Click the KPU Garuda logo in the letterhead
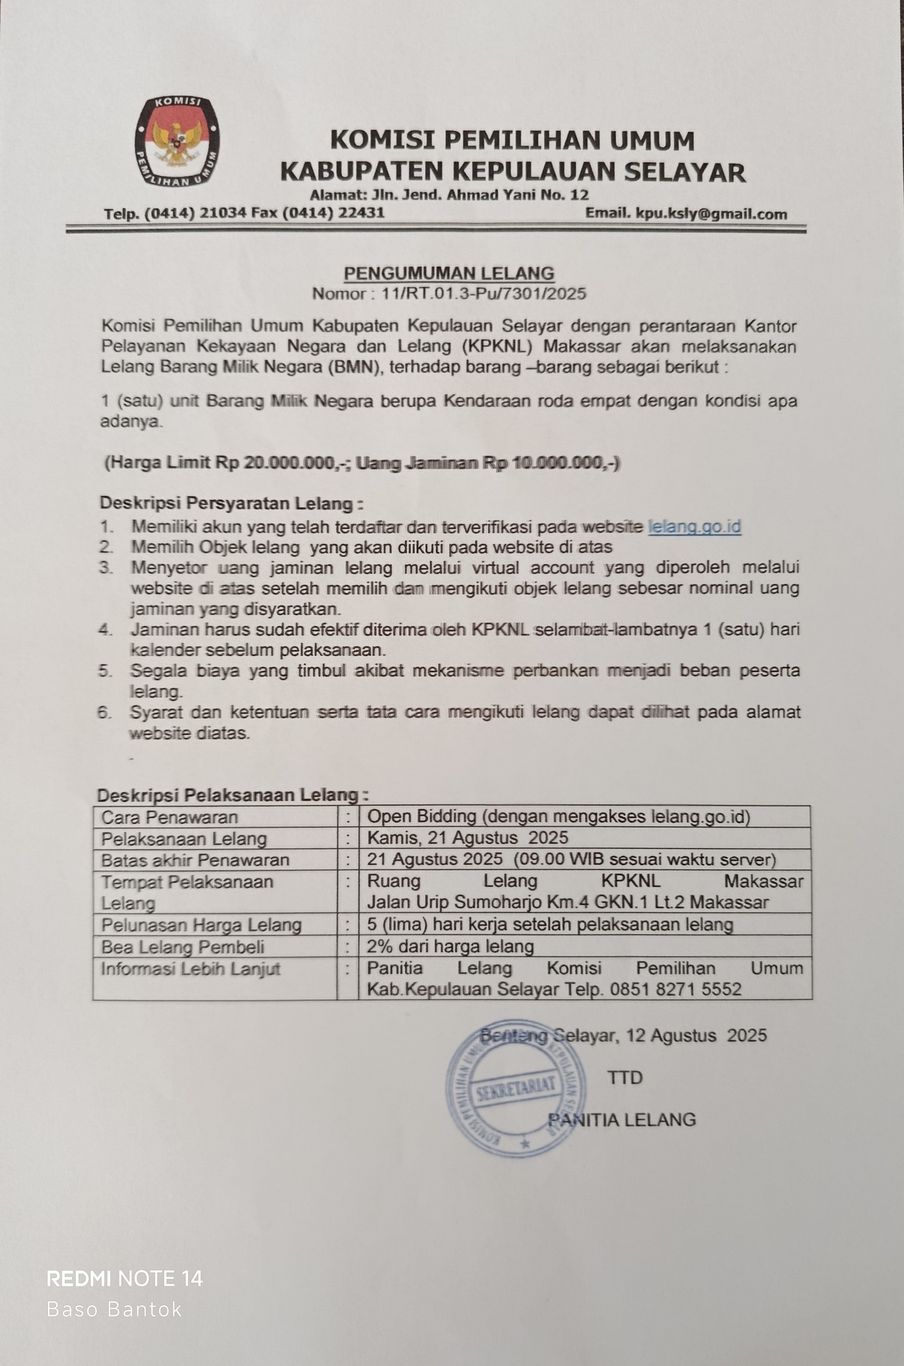point(176,141)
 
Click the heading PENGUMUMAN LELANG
point(448,273)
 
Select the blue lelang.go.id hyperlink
point(695,527)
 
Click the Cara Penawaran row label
point(169,817)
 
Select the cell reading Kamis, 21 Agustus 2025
point(468,838)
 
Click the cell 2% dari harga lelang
point(450,946)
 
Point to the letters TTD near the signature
point(625,1078)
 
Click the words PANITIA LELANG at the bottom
point(622,1120)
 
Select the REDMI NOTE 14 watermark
point(124,1279)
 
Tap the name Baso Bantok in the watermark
point(114,1309)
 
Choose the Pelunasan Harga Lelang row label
point(201,926)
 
